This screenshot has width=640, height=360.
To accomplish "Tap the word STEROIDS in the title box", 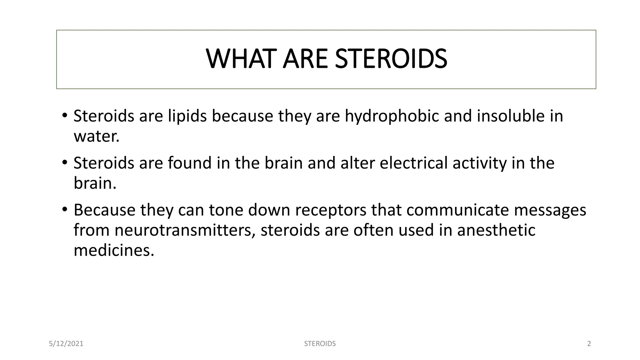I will pyautogui.click(x=391, y=59).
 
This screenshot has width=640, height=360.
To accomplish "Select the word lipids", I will pyautogui.click(x=187, y=116).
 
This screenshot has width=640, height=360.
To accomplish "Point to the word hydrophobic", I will pyautogui.click(x=392, y=116).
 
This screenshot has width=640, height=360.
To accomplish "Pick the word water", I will pyautogui.click(x=96, y=137).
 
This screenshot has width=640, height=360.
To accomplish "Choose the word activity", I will pyautogui.click(x=479, y=163).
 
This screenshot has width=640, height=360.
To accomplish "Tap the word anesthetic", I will pyautogui.click(x=496, y=230).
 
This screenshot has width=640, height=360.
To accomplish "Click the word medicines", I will pyautogui.click(x=114, y=251).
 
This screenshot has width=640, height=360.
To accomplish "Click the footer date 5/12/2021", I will pyautogui.click(x=66, y=344).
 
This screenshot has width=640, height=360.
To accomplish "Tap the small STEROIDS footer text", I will pyautogui.click(x=320, y=344).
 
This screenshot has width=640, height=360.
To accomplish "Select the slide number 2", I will pyautogui.click(x=589, y=344).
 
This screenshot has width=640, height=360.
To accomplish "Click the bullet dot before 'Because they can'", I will pyautogui.click(x=64, y=209).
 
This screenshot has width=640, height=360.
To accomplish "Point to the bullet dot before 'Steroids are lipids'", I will pyautogui.click(x=64, y=116).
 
